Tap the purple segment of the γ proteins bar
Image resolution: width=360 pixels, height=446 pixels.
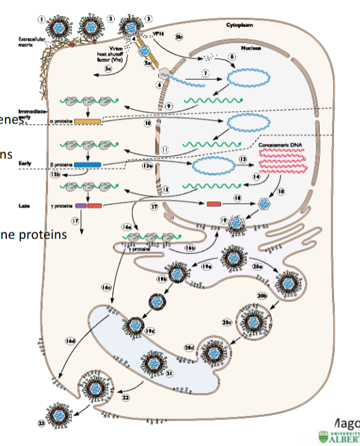[81, 205]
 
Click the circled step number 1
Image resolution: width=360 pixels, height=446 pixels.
[42, 19]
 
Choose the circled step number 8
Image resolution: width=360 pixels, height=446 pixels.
[233, 57]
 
